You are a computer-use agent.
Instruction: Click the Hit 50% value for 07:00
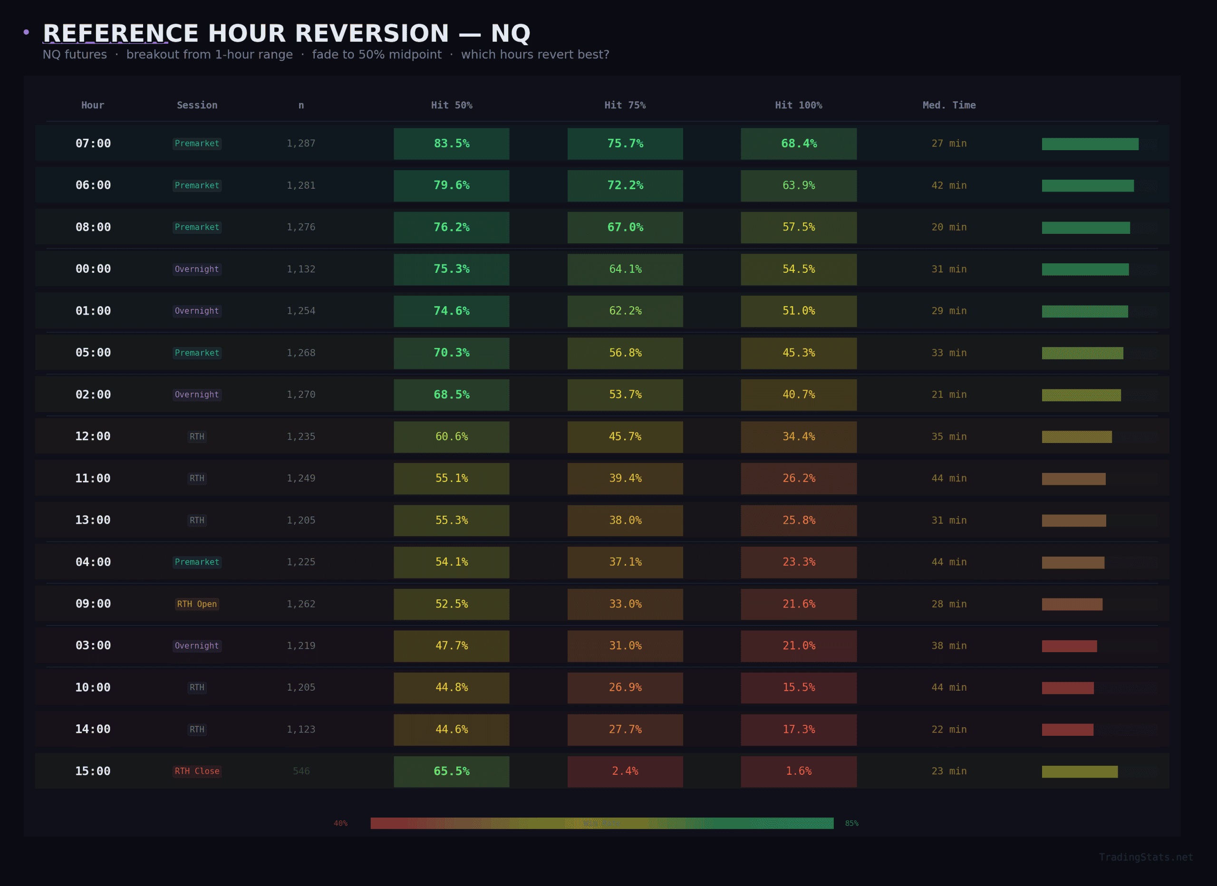[x=451, y=143]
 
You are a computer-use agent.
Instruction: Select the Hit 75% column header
[x=625, y=105]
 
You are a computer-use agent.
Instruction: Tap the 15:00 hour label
[x=93, y=771]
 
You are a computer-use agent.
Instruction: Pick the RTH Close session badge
[x=197, y=771]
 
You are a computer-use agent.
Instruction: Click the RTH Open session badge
[x=197, y=604]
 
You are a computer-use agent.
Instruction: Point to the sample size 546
[x=301, y=771]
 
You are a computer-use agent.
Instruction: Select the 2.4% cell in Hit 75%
[x=625, y=771]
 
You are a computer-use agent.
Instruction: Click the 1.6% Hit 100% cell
[x=799, y=771]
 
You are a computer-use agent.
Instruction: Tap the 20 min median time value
[x=949, y=227]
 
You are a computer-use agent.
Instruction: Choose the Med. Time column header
[x=949, y=105]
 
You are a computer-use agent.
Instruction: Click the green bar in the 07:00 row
[x=1090, y=144]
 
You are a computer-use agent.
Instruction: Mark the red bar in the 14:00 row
[x=1067, y=729]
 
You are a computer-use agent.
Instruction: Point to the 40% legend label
[x=341, y=823]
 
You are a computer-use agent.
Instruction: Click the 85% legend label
[x=851, y=823]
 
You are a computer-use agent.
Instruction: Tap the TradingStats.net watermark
[x=1146, y=857]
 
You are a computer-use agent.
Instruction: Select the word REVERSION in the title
[x=371, y=33]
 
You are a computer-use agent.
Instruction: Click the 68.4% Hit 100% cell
[x=799, y=143]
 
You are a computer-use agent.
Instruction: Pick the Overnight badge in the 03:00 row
[x=197, y=645]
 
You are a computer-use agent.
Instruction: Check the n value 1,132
[x=301, y=269]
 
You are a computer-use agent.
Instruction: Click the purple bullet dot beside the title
[x=26, y=33]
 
